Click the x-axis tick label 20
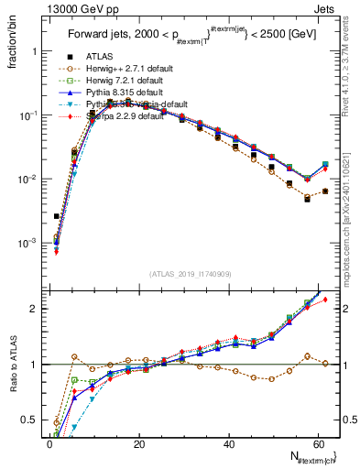(x=138, y=444)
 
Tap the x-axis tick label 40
(x=229, y=444)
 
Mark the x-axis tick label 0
(x=49, y=444)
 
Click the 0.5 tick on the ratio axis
(x=28, y=420)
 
